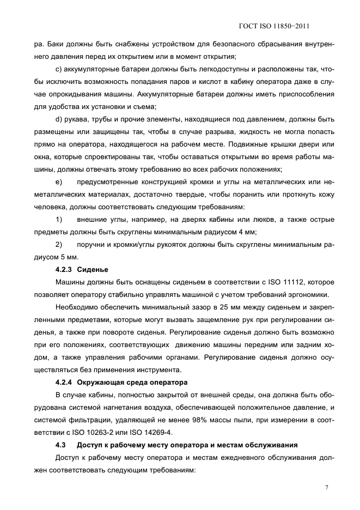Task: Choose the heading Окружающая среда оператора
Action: pyautogui.click(x=132, y=381)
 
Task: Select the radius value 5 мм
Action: pyautogui.click(x=69, y=257)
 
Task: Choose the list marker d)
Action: pyautogui.click(x=59, y=119)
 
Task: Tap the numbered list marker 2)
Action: pyautogui.click(x=59, y=244)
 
